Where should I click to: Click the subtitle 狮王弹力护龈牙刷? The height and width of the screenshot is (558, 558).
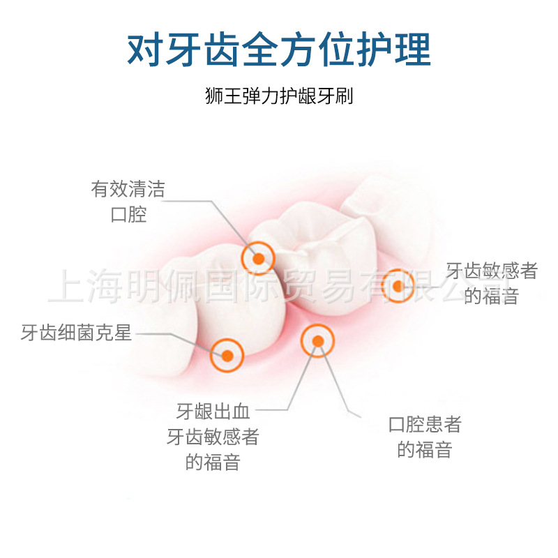[279, 96]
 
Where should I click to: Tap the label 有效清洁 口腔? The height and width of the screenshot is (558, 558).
[128, 201]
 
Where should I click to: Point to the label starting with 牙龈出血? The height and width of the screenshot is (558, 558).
[213, 437]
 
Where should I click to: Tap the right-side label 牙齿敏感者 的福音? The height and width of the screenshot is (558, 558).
[492, 283]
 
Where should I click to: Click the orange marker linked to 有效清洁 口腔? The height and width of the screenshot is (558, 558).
[258, 258]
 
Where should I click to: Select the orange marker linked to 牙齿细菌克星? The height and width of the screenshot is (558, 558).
[227, 355]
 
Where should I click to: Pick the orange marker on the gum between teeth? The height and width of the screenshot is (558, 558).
[317, 341]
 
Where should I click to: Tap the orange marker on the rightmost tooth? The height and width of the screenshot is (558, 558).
[398, 285]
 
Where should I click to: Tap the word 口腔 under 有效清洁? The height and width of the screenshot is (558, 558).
[128, 214]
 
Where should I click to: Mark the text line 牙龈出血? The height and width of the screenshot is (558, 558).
[213, 411]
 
